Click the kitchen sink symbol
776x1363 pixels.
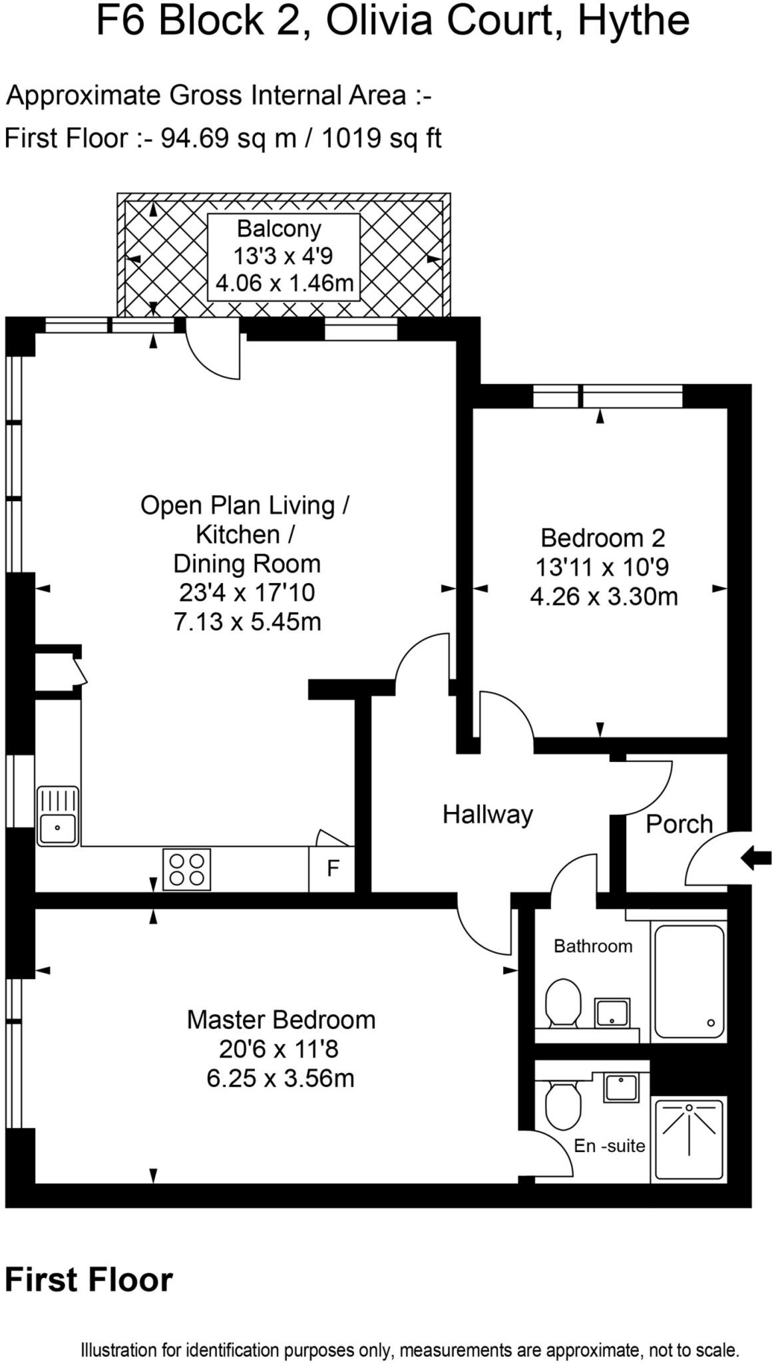(x=57, y=816)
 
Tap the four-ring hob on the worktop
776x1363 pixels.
(x=186, y=869)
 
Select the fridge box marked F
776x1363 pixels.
(x=332, y=869)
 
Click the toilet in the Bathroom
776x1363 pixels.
(x=562, y=1003)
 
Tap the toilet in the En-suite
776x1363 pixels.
(x=562, y=1105)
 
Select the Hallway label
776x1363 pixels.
(x=487, y=815)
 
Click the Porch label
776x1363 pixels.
(x=679, y=825)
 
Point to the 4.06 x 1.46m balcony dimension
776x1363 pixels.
(x=284, y=284)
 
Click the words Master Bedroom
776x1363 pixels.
(x=280, y=1020)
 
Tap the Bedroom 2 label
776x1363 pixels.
(x=602, y=538)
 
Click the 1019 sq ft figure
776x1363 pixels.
(x=381, y=138)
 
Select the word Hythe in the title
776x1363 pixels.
(x=633, y=21)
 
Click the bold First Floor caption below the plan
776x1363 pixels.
(x=89, y=1279)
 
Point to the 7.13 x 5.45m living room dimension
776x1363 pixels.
(x=247, y=622)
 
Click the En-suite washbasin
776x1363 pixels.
(x=621, y=1087)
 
